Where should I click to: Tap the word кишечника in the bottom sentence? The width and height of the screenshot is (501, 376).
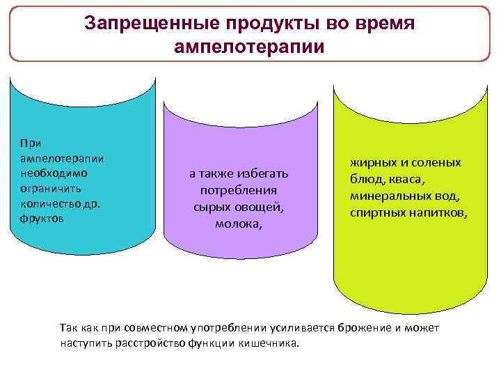click(x=267, y=343)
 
